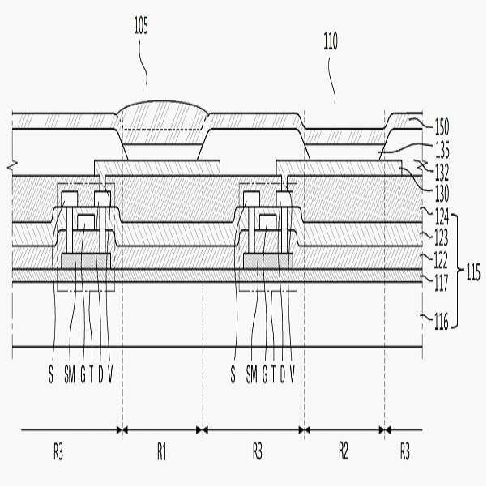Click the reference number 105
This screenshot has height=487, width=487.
(x=141, y=25)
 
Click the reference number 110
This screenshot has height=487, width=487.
(x=331, y=41)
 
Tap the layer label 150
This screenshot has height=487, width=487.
(x=442, y=127)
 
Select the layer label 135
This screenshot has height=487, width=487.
(x=442, y=149)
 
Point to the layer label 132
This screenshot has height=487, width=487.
(x=442, y=172)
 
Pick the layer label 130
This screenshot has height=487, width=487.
(x=442, y=194)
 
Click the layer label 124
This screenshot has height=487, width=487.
(x=442, y=216)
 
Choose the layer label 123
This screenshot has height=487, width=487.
(x=441, y=237)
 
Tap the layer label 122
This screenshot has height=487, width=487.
(x=441, y=260)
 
